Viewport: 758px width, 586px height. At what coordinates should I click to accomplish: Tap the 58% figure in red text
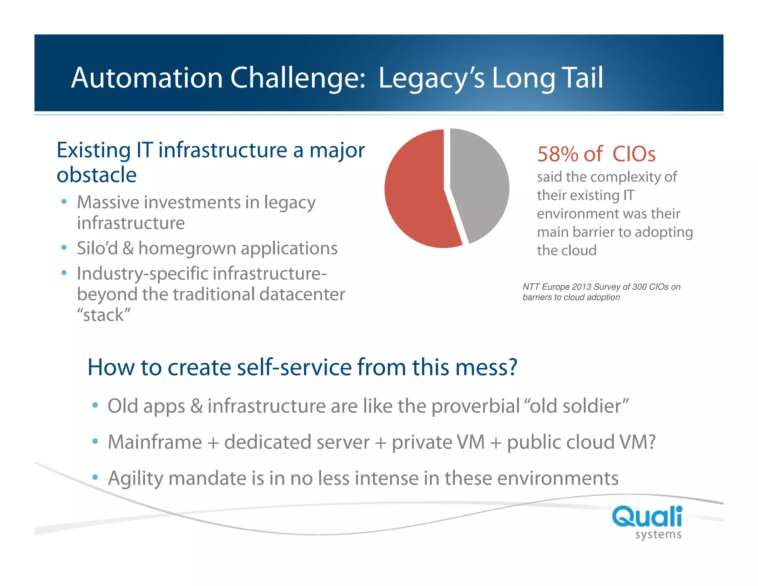(x=557, y=154)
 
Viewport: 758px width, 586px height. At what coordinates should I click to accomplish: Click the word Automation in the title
(x=147, y=78)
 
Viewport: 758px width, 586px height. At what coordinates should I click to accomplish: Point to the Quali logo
(x=647, y=516)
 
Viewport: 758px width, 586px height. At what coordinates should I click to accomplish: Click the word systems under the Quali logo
(x=658, y=535)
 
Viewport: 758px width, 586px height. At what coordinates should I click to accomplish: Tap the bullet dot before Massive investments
(x=64, y=202)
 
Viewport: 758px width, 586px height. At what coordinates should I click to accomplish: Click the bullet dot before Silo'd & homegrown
(x=64, y=247)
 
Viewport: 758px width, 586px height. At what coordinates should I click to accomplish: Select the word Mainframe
(x=155, y=442)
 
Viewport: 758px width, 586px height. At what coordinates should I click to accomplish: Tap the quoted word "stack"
(x=104, y=315)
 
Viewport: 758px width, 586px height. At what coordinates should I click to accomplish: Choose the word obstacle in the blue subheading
(x=97, y=175)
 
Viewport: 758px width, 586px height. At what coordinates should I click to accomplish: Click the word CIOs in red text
(x=634, y=154)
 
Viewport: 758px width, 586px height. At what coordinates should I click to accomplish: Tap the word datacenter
(x=302, y=294)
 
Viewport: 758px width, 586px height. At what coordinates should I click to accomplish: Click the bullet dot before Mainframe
(x=95, y=441)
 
